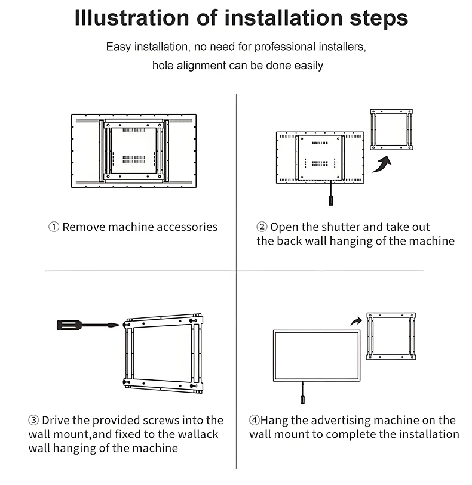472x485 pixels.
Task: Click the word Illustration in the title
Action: [131, 18]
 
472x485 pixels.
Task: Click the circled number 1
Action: [54, 227]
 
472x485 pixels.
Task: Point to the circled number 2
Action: [262, 227]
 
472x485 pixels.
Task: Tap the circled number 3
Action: [33, 420]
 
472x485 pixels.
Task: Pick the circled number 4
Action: [255, 420]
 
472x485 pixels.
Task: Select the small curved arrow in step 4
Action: [357, 322]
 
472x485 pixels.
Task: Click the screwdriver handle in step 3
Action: [69, 325]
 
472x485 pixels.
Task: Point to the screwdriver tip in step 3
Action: [118, 325]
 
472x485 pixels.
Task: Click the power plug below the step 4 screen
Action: [302, 399]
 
